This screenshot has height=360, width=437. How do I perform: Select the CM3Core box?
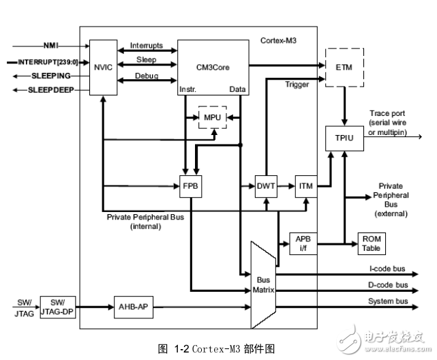click(213, 66)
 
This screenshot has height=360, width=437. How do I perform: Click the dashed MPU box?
click(212, 118)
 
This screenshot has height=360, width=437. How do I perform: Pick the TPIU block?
click(342, 137)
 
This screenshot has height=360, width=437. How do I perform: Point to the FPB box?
click(190, 186)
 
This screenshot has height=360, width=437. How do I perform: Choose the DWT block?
click(265, 186)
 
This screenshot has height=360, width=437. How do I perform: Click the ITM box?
click(304, 186)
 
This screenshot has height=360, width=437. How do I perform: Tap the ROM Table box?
click(372, 243)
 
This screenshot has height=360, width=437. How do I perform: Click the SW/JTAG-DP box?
click(57, 307)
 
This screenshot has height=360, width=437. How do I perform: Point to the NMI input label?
click(51, 46)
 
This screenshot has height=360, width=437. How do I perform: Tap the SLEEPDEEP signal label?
click(50, 90)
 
